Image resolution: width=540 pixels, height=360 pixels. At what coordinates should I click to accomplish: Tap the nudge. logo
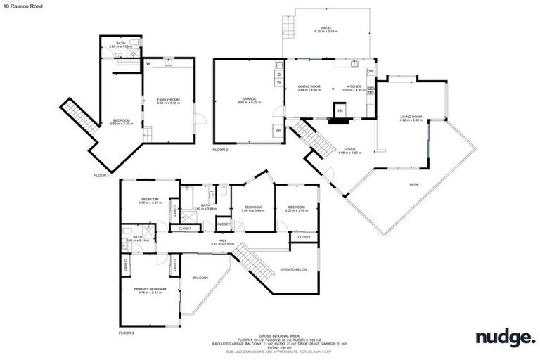coord(504,337)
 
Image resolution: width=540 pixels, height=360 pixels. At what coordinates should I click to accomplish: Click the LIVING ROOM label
coord(411,117)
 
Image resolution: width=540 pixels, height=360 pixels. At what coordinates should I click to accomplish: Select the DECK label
coord(417,184)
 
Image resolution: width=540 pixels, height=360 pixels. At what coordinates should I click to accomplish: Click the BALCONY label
coord(200,278)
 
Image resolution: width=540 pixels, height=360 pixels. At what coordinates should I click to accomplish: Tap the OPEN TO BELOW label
coord(294,269)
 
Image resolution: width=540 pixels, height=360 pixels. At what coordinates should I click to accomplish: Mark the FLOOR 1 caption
coord(102,175)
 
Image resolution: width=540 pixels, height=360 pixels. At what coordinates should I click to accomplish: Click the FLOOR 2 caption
coord(221,150)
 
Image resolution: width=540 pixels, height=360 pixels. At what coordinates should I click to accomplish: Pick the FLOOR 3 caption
coord(127,332)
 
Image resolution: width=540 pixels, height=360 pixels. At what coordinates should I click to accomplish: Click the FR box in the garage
coord(278,131)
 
